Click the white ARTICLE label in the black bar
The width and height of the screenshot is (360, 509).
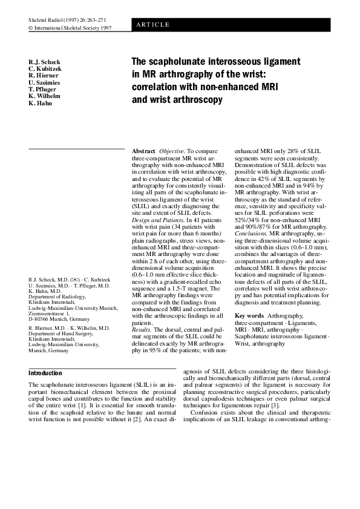[x=153, y=24]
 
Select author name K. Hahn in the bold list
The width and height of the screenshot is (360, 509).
[x=41, y=103]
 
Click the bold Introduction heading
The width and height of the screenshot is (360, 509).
[x=45, y=373]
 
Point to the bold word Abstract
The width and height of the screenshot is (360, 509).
[x=143, y=149]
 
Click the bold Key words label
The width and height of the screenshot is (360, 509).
[x=249, y=316]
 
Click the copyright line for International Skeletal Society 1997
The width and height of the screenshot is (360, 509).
[x=70, y=28]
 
